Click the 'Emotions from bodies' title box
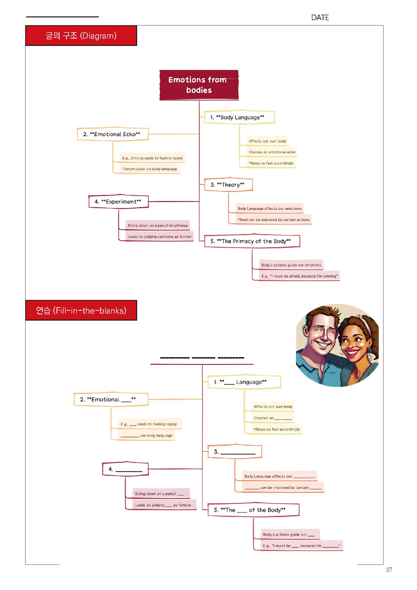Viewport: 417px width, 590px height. point(199,85)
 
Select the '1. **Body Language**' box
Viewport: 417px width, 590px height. point(239,118)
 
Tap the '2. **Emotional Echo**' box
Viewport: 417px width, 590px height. point(113,134)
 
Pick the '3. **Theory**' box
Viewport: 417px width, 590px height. point(228,185)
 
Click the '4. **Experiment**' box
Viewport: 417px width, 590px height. point(118,202)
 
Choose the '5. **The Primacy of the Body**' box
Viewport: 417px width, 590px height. point(252,241)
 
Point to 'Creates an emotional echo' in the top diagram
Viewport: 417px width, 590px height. point(272,152)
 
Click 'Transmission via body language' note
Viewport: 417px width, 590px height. point(150,169)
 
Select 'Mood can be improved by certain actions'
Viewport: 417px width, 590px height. point(274,220)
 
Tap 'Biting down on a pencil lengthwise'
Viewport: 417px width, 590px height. point(158,226)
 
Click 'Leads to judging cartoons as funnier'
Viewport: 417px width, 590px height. point(160,237)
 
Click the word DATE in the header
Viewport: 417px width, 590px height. point(320,17)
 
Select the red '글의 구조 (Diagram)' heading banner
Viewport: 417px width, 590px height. point(81,36)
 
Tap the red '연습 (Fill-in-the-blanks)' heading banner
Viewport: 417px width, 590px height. point(81,311)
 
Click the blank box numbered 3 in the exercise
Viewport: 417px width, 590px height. point(234,452)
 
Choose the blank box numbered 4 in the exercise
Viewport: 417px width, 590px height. point(125,469)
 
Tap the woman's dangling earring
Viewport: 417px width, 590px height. point(370,356)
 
